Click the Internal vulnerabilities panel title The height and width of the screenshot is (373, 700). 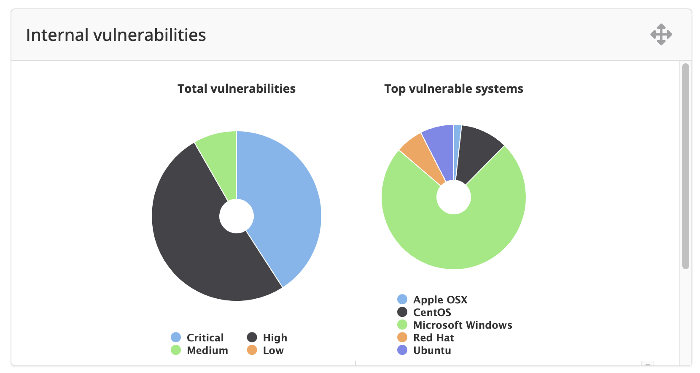pyautogui.click(x=116, y=35)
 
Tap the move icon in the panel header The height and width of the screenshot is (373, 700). pyautogui.click(x=661, y=35)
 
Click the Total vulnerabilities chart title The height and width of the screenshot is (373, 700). pyautogui.click(x=236, y=89)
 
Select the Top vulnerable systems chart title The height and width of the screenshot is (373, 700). pyautogui.click(x=453, y=89)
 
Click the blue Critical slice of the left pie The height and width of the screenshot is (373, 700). pyautogui.click(x=283, y=203)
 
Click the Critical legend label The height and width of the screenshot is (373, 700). pyautogui.click(x=205, y=338)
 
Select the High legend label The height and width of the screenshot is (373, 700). pyautogui.click(x=275, y=338)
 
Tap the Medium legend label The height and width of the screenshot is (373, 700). pyautogui.click(x=207, y=350)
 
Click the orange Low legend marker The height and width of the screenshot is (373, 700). pyautogui.click(x=252, y=350)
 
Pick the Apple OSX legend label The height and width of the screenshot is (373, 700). pyautogui.click(x=440, y=300)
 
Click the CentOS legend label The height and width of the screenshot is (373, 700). pyautogui.click(x=432, y=312)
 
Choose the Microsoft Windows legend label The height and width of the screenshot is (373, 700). pyautogui.click(x=463, y=325)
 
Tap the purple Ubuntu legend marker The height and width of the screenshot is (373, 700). pyautogui.click(x=402, y=350)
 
